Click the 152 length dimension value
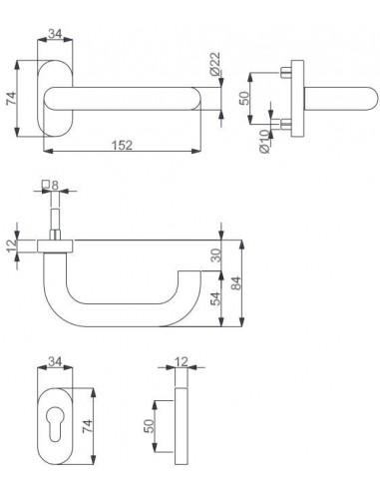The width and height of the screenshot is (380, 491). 122,146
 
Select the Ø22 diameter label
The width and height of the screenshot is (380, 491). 215,63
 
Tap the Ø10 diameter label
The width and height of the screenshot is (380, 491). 264,141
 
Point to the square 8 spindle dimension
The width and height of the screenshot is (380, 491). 51,185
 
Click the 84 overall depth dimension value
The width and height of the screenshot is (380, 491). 235,283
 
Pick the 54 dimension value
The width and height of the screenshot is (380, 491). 216,298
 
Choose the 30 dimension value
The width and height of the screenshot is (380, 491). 216,255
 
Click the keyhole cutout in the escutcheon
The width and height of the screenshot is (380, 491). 55,424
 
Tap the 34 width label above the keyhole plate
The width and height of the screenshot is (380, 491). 55,361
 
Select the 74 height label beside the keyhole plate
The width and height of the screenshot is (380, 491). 87,426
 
